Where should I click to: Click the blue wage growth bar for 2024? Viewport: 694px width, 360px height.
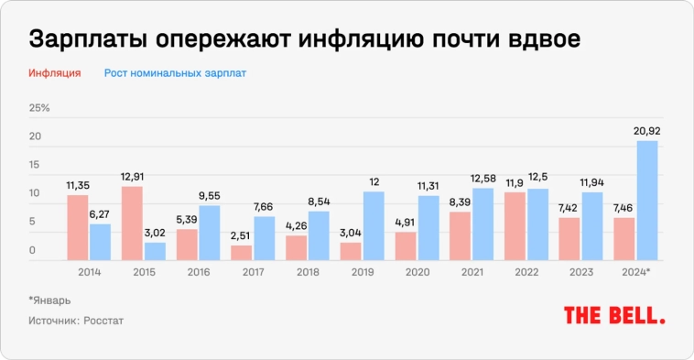(x=647, y=201)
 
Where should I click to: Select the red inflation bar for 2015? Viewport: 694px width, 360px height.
(x=132, y=224)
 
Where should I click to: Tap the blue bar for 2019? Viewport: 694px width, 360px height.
(x=374, y=225)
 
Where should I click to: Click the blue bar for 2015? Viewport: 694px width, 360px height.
(x=155, y=251)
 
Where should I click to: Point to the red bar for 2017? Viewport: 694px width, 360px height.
(x=242, y=253)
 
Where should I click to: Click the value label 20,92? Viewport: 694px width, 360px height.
(x=647, y=131)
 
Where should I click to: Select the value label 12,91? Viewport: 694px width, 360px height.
(x=132, y=176)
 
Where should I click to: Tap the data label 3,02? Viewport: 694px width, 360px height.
(x=155, y=232)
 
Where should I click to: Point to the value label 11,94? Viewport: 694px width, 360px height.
(x=592, y=182)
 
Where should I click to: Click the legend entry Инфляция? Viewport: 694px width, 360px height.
(x=55, y=72)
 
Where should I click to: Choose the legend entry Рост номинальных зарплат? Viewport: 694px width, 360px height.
(x=175, y=72)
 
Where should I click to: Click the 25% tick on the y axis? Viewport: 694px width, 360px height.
(x=40, y=108)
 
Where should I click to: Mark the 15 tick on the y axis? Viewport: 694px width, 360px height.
(x=36, y=165)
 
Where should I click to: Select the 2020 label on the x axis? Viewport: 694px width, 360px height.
(x=417, y=272)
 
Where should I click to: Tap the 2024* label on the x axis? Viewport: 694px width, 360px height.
(x=637, y=272)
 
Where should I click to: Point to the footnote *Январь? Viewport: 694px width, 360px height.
(x=49, y=300)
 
